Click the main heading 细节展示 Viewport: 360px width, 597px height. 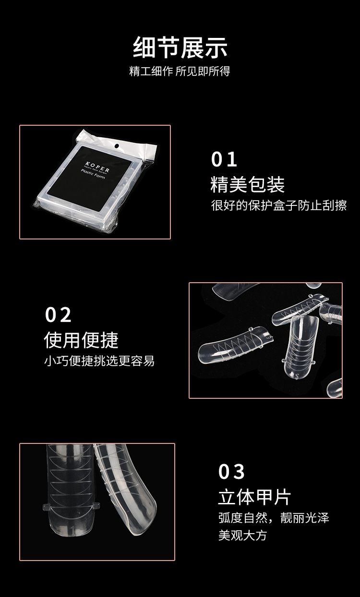tap(180, 48)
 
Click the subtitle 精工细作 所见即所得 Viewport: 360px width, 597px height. tap(180, 72)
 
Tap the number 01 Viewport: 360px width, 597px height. tap(225, 160)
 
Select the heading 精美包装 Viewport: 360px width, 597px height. tap(248, 185)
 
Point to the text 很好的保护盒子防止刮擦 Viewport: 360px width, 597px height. tap(279, 205)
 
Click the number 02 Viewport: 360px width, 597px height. tap(58, 315)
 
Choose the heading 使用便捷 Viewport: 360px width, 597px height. tap(81, 340)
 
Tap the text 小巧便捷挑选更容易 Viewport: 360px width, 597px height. tap(99, 361)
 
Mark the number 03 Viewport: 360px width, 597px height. tap(232, 472)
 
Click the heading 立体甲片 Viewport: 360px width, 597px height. tap(254, 497)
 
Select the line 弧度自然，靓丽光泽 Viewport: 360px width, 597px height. tap(274, 518)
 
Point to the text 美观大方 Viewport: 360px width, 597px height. tap(242, 535)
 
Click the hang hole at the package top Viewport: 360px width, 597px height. tap(117, 145)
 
